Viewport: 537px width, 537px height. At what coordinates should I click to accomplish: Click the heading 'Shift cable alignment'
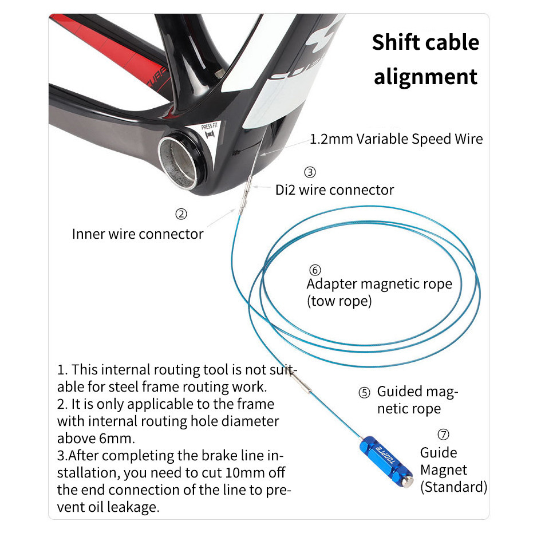click(425, 59)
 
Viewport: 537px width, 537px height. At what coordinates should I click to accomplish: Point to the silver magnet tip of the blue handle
click(408, 481)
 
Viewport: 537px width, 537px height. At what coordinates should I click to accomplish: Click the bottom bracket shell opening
click(177, 162)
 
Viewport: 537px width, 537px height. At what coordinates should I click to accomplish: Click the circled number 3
click(310, 172)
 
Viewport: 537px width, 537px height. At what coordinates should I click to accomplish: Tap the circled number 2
click(181, 214)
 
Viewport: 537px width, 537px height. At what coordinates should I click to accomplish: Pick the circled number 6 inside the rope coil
click(315, 270)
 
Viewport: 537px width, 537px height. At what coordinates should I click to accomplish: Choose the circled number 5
click(364, 393)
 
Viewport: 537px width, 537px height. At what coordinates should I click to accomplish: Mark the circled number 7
click(443, 435)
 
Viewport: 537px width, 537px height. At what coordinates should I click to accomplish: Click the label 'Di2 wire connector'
click(334, 190)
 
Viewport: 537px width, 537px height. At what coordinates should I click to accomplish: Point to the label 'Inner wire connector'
click(137, 234)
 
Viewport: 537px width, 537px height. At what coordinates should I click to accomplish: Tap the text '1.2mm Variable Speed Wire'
click(396, 139)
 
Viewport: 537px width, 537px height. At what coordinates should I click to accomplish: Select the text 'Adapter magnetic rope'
click(380, 284)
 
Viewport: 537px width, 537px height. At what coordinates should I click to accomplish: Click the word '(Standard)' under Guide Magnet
click(454, 487)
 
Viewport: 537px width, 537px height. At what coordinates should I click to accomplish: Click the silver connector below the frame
click(246, 195)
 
